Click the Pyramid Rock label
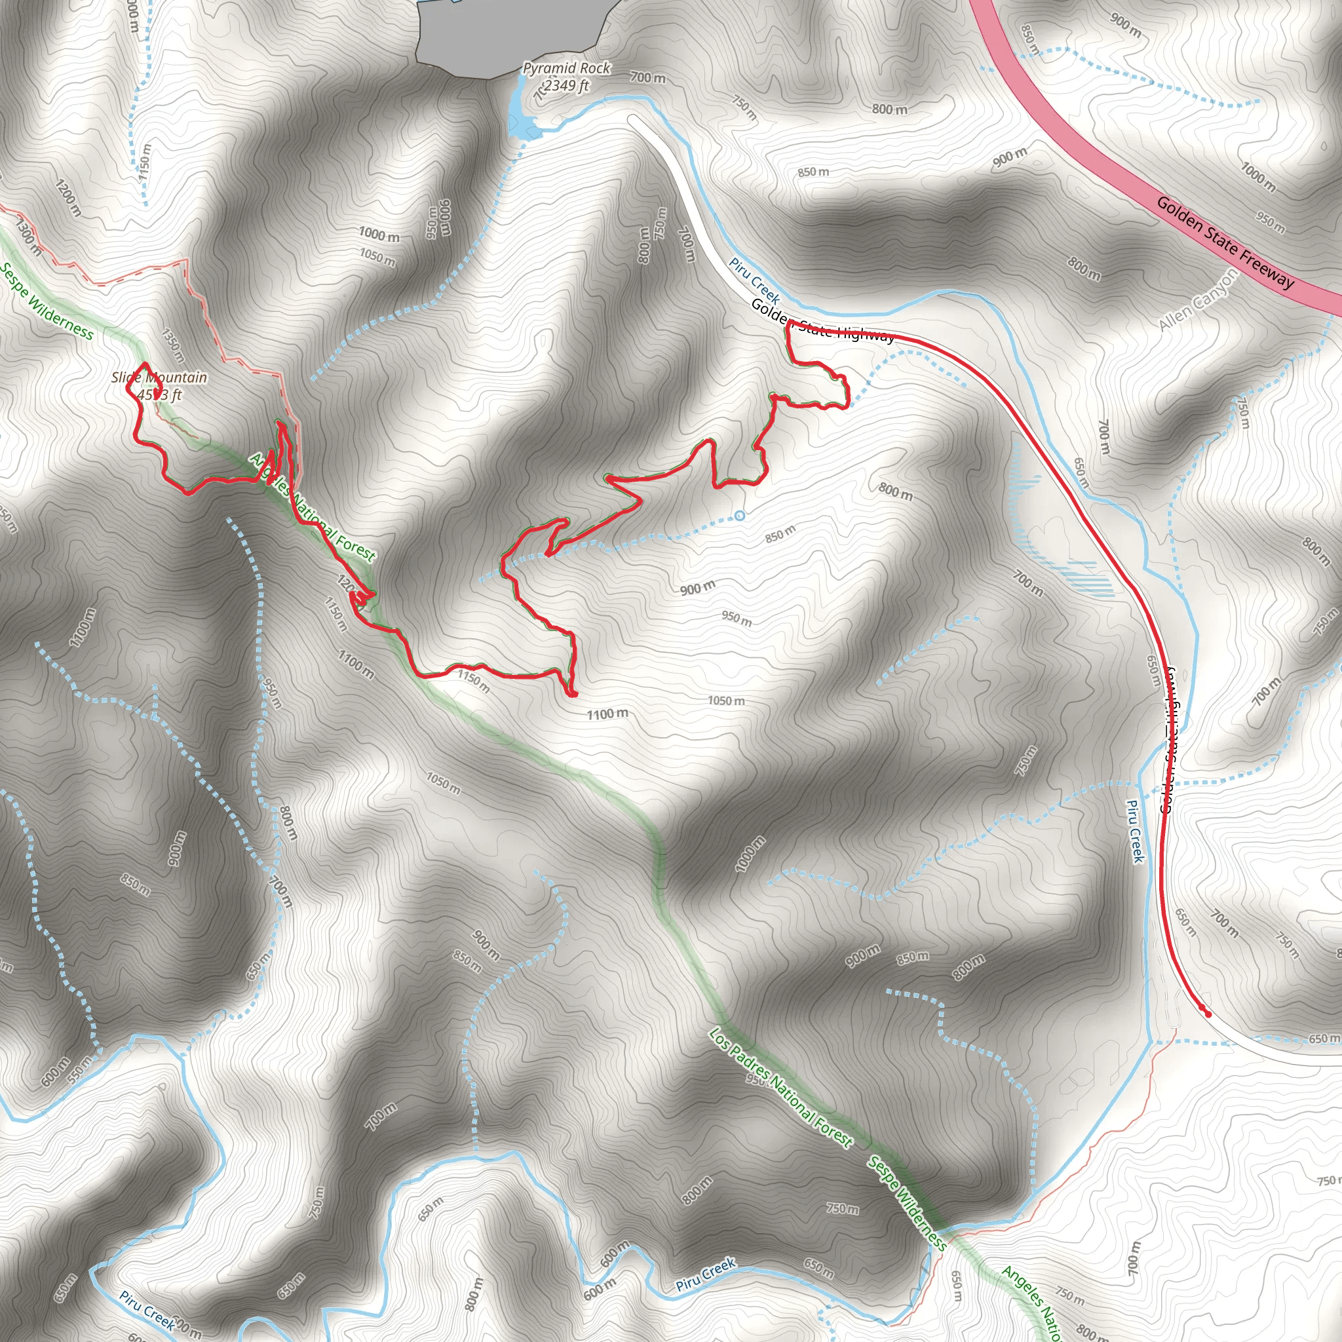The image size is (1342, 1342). [566, 68]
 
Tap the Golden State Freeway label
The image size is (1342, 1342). [1225, 242]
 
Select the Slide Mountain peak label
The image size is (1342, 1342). [159, 377]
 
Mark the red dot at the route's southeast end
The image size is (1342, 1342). [1208, 1014]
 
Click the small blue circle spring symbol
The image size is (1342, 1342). [740, 516]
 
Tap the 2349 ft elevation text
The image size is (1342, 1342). [567, 85]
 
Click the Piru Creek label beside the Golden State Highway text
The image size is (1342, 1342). [754, 280]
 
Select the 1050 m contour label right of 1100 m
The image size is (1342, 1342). [726, 700]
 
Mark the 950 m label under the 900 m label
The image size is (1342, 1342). [737, 617]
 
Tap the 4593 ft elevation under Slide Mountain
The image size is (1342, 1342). [160, 395]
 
